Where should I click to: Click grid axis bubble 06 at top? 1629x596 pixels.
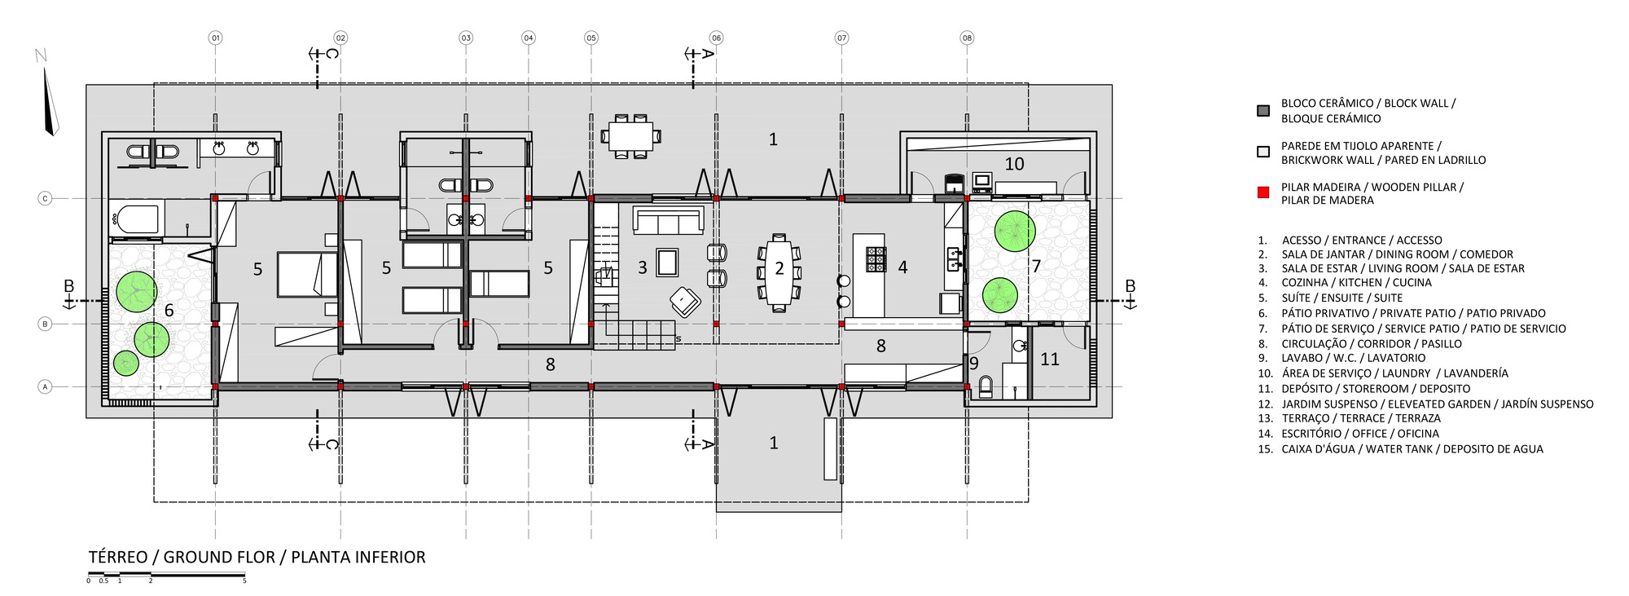click(x=716, y=38)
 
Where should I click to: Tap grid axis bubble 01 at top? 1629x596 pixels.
click(x=215, y=38)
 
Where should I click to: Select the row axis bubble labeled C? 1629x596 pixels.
click(x=45, y=198)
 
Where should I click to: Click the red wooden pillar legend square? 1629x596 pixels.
click(x=1263, y=192)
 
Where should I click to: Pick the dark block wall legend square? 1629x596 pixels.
click(x=1263, y=110)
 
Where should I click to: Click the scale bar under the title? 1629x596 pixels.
click(x=167, y=577)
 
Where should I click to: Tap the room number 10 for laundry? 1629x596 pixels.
click(x=1014, y=164)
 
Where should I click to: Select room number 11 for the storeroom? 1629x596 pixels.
click(x=1050, y=359)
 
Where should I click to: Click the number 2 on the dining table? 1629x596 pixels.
click(x=779, y=268)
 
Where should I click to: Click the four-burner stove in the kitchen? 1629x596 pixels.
click(x=876, y=258)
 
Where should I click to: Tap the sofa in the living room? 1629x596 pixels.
click(x=669, y=220)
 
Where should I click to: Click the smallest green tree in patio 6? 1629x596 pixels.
click(x=125, y=363)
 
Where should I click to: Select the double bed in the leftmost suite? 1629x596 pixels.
click(x=307, y=274)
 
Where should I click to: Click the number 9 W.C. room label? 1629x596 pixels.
click(x=973, y=364)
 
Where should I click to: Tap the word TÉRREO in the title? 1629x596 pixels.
click(x=118, y=558)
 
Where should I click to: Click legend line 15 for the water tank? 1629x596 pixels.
click(x=1400, y=448)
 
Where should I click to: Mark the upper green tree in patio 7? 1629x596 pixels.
click(x=1015, y=231)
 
